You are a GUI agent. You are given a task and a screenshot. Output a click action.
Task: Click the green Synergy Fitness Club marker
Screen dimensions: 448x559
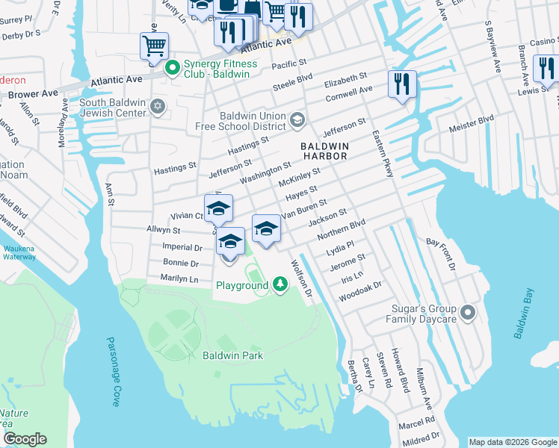pyautogui.click(x=172, y=69)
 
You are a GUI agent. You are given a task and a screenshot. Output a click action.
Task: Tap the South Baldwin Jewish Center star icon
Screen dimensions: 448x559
pyautogui.click(x=157, y=107)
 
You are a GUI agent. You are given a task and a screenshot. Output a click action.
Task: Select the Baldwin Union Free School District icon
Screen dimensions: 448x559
pyautogui.click(x=297, y=120)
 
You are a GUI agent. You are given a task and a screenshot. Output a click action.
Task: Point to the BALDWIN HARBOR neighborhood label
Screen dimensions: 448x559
pyautogui.click(x=324, y=152)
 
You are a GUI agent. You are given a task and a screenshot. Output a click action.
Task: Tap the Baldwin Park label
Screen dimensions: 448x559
pyautogui.click(x=232, y=355)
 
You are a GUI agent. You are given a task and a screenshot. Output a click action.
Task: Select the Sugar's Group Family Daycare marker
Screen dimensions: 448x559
pyautogui.click(x=468, y=313)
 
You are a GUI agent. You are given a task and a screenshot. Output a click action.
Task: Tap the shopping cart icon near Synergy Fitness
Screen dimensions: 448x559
pyautogui.click(x=154, y=46)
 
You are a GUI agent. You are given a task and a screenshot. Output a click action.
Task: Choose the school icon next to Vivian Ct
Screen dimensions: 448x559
pyautogui.click(x=219, y=209)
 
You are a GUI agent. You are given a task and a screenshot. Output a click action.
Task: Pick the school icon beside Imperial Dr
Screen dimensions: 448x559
pyautogui.click(x=230, y=242)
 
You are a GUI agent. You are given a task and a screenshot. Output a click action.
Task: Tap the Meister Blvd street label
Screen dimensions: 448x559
pyautogui.click(x=472, y=124)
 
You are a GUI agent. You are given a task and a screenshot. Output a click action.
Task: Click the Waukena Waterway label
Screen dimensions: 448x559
pyautogui.click(x=19, y=252)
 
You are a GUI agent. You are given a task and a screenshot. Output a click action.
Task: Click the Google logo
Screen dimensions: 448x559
pyautogui.click(x=24, y=439)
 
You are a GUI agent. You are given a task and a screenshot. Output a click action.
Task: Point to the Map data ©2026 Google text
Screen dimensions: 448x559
pyautogui.click(x=512, y=442)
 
